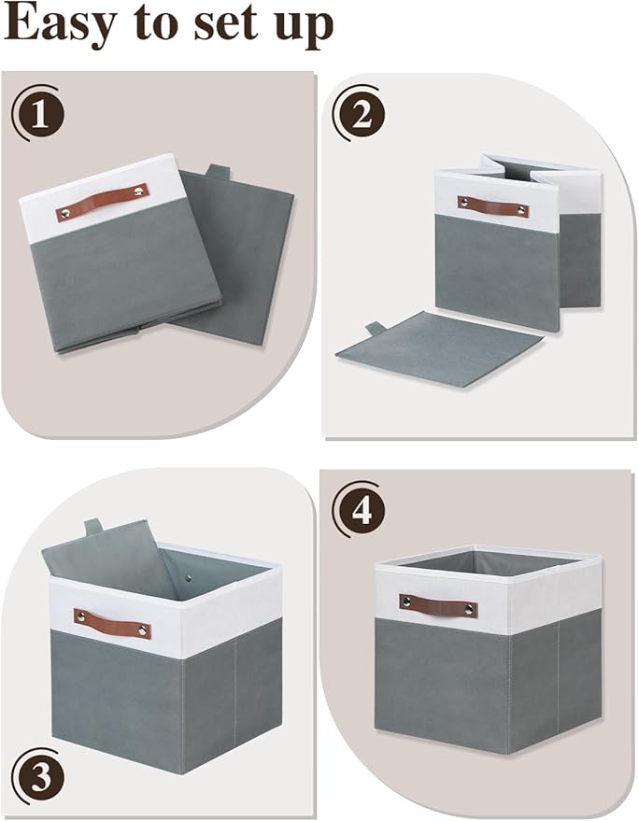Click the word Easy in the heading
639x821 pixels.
64,25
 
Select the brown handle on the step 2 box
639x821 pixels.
492,205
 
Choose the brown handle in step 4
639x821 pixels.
438,605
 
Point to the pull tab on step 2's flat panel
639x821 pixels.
376,329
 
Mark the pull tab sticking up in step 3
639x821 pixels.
93,528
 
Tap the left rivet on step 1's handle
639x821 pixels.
64,214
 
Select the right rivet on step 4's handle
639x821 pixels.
470,611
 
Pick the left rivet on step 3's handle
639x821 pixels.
80,616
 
